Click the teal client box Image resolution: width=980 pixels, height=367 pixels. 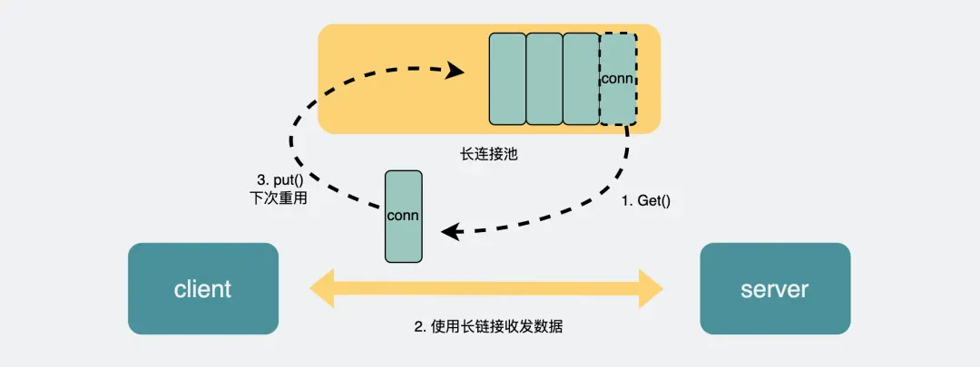[x=202, y=289]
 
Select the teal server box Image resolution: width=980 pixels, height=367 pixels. [x=775, y=289]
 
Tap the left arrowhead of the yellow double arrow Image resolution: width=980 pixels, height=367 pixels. [x=320, y=288]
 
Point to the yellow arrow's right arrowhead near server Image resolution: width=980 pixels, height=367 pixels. [x=654, y=288]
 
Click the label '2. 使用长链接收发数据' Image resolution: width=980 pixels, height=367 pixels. [x=488, y=327]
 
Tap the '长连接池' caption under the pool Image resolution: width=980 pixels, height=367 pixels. [x=489, y=154]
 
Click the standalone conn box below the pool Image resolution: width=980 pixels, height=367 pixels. [x=403, y=216]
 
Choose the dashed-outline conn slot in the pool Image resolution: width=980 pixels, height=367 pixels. [x=618, y=79]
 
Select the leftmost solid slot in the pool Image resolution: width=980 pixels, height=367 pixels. [x=507, y=79]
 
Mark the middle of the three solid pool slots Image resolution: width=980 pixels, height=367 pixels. [x=544, y=79]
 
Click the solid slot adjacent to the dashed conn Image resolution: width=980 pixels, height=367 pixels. [x=581, y=79]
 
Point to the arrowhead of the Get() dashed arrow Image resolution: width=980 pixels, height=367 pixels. [x=448, y=232]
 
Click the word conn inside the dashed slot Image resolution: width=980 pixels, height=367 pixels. [x=618, y=78]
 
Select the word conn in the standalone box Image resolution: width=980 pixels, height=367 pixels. [x=403, y=216]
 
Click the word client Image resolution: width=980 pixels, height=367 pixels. [x=202, y=289]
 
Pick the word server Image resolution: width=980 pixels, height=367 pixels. [x=775, y=289]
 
